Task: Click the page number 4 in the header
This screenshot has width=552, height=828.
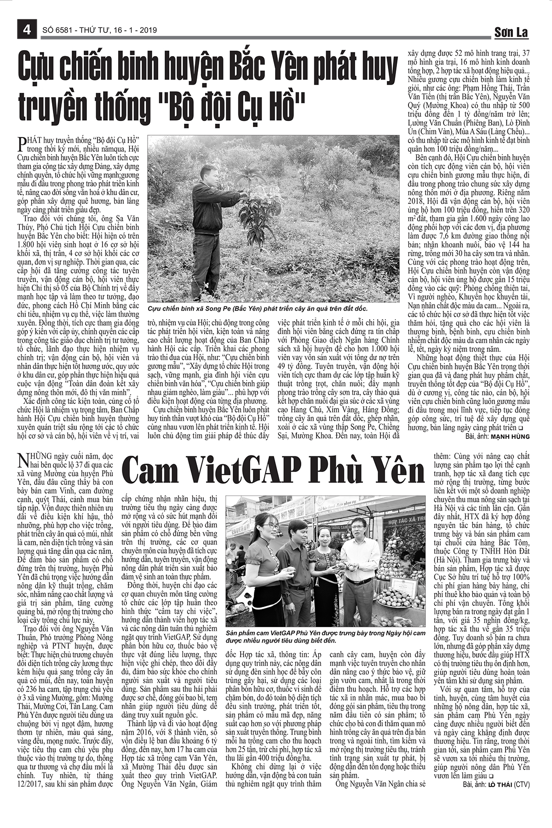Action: coord(26,30)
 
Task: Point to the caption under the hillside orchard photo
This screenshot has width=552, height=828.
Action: coord(258,309)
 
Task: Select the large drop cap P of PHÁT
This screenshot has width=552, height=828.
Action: coord(20,144)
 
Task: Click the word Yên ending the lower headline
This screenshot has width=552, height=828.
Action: coord(397,472)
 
